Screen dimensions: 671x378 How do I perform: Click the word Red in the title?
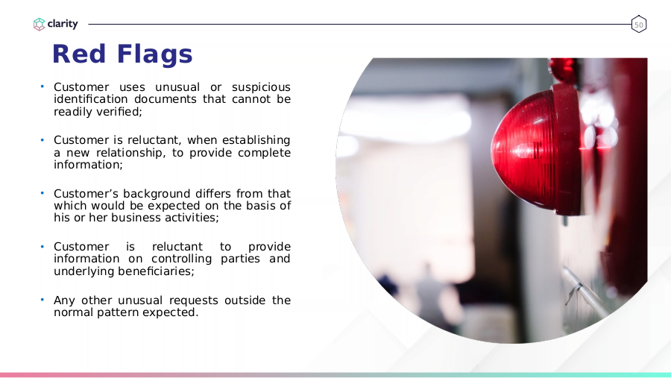[79, 54]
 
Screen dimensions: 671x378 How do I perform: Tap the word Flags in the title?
[154, 54]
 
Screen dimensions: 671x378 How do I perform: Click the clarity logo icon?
[39, 25]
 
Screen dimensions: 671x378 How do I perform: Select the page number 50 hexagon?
[638, 25]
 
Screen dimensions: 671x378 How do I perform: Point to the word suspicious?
[261, 87]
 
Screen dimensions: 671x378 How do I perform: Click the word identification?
[91, 99]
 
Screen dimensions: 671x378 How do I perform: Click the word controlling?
[181, 259]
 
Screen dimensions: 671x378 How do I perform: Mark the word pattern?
[118, 312]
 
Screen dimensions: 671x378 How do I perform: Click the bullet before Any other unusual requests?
[42, 300]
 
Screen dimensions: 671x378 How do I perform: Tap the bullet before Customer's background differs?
[42, 193]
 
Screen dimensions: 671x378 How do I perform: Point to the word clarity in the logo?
[63, 24]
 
